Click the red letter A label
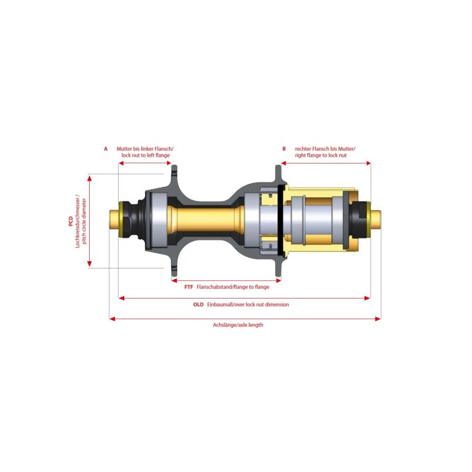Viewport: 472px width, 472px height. pyautogui.click(x=106, y=149)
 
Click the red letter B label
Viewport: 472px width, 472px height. pyautogui.click(x=284, y=149)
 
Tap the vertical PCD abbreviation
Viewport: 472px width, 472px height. pyautogui.click(x=71, y=221)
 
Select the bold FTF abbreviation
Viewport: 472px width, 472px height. pyautogui.click(x=189, y=287)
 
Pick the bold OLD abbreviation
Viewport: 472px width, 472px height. pyautogui.click(x=199, y=304)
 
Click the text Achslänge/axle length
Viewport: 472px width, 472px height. pyautogui.click(x=238, y=324)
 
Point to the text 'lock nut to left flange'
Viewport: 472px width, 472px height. pyautogui.click(x=146, y=155)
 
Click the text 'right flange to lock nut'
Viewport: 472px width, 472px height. pyautogui.click(x=321, y=155)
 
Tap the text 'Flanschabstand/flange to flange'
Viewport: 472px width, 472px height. pyautogui.click(x=233, y=287)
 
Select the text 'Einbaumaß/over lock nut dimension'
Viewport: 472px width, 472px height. pyautogui.click(x=248, y=304)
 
